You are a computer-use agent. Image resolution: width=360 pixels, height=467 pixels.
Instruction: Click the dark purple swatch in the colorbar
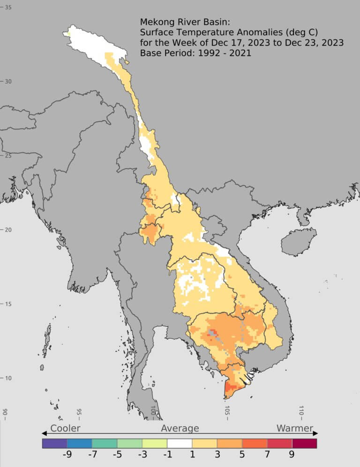(x=54, y=444)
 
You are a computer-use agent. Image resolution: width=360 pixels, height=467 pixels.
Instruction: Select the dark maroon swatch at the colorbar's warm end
(x=304, y=444)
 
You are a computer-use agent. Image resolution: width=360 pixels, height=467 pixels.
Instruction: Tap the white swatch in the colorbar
(x=180, y=444)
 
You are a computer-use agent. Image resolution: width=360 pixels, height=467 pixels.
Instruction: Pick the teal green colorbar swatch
(x=105, y=444)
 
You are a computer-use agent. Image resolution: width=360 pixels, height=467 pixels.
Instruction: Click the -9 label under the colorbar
(x=67, y=455)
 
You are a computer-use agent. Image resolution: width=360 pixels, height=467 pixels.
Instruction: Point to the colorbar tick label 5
(x=242, y=455)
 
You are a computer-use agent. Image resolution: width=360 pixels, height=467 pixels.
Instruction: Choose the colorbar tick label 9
(x=292, y=455)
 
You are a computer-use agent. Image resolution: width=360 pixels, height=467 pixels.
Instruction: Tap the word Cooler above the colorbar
(x=65, y=428)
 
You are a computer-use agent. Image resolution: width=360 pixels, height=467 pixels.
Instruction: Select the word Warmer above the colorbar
(x=294, y=428)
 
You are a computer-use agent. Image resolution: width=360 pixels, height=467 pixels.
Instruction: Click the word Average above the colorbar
(x=180, y=428)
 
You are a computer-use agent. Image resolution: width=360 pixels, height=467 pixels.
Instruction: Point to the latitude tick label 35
(x=8, y=8)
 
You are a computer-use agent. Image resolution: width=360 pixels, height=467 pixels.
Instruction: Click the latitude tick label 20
(x=8, y=230)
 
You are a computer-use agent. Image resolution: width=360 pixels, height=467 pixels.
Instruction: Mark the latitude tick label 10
(x=8, y=378)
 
